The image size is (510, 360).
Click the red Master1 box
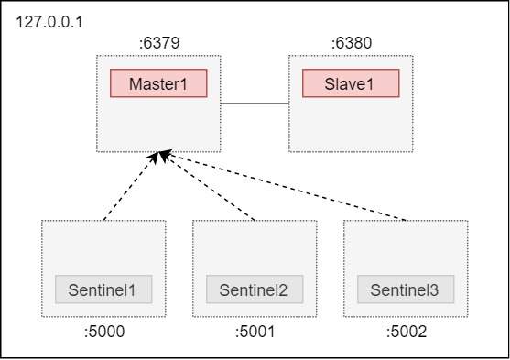pyautogui.click(x=158, y=83)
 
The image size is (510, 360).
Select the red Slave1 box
pyautogui.click(x=351, y=83)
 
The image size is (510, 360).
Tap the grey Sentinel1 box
pyautogui.click(x=103, y=290)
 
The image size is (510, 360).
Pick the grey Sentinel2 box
pyautogui.click(x=254, y=290)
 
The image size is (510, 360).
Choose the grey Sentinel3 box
pyautogui.click(x=405, y=290)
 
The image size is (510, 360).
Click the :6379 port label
pyautogui.click(x=158, y=42)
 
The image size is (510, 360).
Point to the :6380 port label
pyautogui.click(x=351, y=42)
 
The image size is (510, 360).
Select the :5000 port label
pyautogui.click(x=103, y=332)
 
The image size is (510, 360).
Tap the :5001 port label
pyautogui.click(x=254, y=332)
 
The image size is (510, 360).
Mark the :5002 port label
pyautogui.click(x=405, y=332)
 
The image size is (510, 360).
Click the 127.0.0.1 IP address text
pyautogui.click(x=49, y=21)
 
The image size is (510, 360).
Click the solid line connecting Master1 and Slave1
pyautogui.click(x=255, y=104)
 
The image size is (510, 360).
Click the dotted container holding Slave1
pyautogui.click(x=351, y=124)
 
